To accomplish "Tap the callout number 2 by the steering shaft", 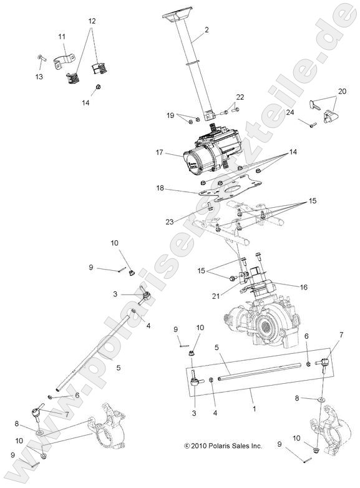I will click(206, 30).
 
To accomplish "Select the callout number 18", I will click(160, 187).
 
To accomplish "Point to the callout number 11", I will click(62, 37).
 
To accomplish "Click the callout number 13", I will click(39, 77).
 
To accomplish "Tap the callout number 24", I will click(290, 114).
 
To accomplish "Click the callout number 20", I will click(341, 90).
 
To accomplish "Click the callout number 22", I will click(240, 97).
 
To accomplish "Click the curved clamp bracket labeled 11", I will click(62, 63).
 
